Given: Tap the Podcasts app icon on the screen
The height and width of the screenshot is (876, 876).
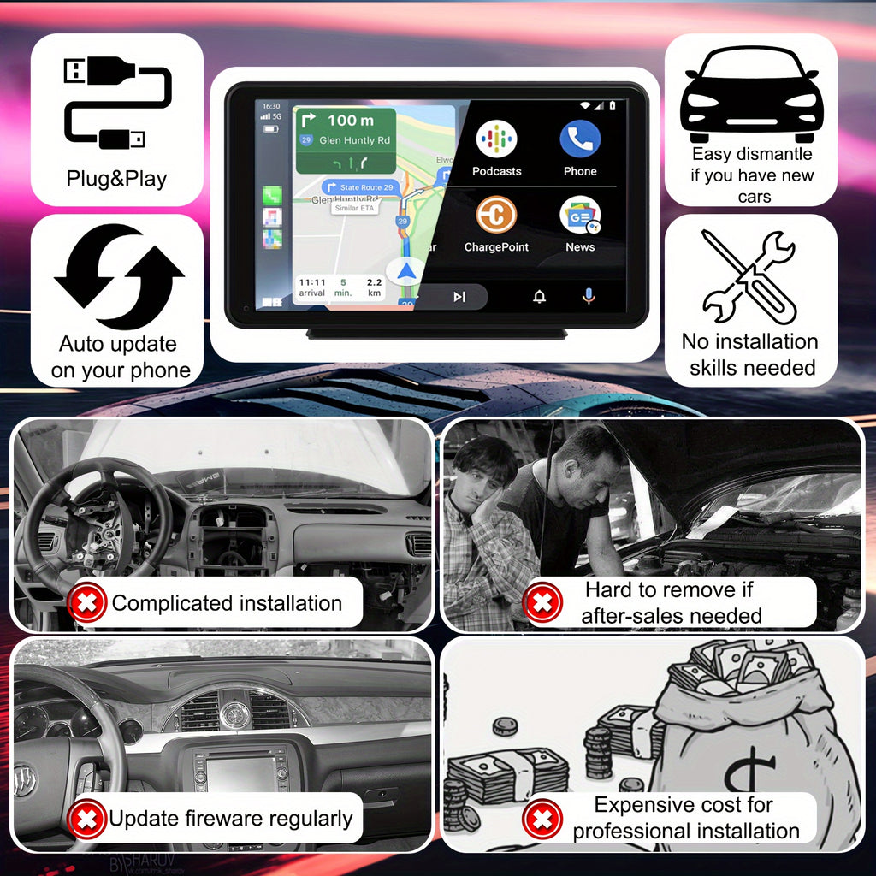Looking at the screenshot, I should [x=496, y=139].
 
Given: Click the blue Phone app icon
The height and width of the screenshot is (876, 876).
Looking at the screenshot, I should [x=580, y=139].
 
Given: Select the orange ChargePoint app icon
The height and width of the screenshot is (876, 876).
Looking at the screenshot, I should [x=496, y=215].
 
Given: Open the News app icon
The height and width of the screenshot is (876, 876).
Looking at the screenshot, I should [x=580, y=215].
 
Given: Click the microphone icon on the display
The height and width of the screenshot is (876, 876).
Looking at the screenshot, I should [x=589, y=296].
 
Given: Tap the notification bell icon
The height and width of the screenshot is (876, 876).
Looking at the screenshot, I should [x=539, y=297].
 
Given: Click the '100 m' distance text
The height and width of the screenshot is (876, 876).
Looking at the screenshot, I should [x=350, y=121].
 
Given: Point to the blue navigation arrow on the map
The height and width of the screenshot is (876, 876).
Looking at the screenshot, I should [x=406, y=272].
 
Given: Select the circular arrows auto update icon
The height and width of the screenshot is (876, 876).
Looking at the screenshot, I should [x=118, y=276].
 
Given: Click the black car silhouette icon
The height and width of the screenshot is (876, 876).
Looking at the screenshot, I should [x=751, y=94].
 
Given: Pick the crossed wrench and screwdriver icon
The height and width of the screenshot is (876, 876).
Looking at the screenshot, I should [x=749, y=276].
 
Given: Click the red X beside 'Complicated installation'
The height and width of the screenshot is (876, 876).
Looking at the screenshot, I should [x=86, y=603].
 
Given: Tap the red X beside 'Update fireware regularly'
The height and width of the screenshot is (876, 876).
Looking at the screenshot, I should [x=86, y=819].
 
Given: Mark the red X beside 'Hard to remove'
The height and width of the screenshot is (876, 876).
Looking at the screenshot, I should [x=542, y=603].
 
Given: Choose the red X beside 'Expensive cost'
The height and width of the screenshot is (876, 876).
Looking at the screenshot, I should [x=542, y=819].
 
